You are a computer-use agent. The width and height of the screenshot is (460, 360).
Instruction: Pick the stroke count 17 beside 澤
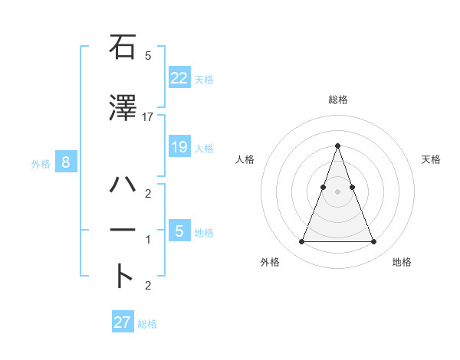pos(148,116)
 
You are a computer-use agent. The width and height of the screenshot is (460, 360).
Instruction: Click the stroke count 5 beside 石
pos(148,56)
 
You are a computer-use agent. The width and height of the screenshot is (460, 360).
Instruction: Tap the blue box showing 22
pos(179,77)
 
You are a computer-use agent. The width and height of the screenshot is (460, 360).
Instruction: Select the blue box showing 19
pos(179,146)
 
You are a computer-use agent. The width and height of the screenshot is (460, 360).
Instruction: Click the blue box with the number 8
pos(67,162)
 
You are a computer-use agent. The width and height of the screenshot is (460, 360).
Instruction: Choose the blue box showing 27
pos(123,322)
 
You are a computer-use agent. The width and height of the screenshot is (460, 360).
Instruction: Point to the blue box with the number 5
pos(179,231)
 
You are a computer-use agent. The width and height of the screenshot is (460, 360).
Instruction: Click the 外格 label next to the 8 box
pos(41,163)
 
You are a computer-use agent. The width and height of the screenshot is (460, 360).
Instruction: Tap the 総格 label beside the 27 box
pos(147,324)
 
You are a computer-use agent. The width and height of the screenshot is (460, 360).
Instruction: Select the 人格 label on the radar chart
pos(245,159)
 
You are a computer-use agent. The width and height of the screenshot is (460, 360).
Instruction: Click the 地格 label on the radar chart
pos(402,262)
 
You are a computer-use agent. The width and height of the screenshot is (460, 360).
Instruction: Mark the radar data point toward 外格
pos(301,242)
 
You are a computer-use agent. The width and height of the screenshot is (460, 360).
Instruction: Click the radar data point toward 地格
pos(373,242)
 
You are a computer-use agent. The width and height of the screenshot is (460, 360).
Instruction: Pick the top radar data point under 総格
pos(337,146)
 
